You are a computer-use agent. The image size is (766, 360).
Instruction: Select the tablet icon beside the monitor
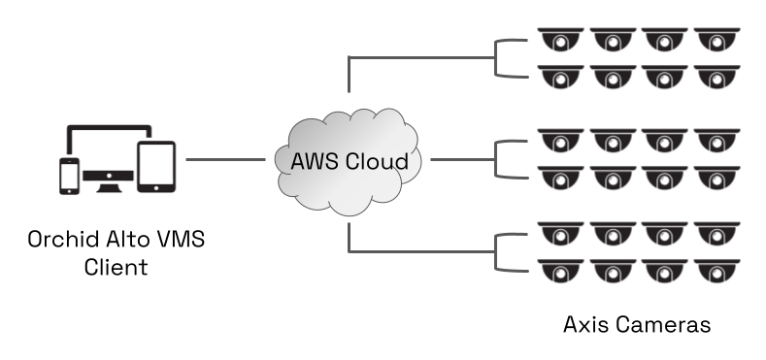point(155,167)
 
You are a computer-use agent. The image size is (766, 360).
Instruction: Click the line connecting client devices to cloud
point(226,159)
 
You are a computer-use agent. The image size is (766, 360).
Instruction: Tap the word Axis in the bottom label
point(585,323)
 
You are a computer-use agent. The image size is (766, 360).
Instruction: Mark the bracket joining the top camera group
point(498,58)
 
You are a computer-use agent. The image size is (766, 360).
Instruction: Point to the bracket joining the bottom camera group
point(498,251)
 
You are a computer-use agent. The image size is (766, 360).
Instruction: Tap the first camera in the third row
point(560,142)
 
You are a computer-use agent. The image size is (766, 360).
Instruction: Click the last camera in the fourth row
point(715,176)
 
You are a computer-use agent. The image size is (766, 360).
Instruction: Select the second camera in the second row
point(612,76)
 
